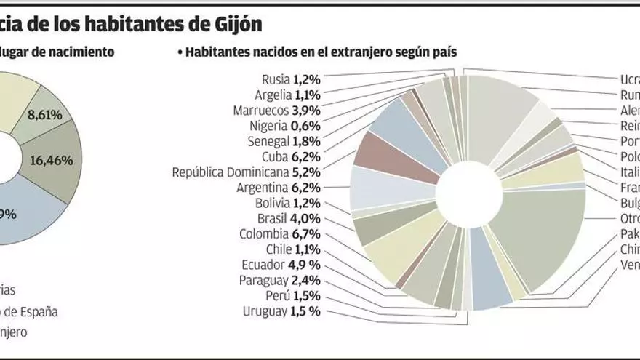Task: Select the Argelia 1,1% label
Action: point(288,95)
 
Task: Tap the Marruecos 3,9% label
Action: point(277,110)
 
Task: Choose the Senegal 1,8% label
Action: point(284,141)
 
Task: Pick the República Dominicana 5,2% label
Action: point(247,172)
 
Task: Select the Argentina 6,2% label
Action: point(279,188)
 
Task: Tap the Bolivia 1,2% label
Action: point(288,203)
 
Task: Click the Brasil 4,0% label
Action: point(289,219)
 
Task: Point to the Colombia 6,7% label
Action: point(280,234)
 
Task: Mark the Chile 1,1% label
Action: point(293,249)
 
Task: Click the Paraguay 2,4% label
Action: point(280,281)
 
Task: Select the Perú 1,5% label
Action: point(293,296)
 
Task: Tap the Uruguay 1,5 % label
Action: point(282,312)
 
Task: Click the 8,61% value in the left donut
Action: point(44,114)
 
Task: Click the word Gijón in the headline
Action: point(237,23)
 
